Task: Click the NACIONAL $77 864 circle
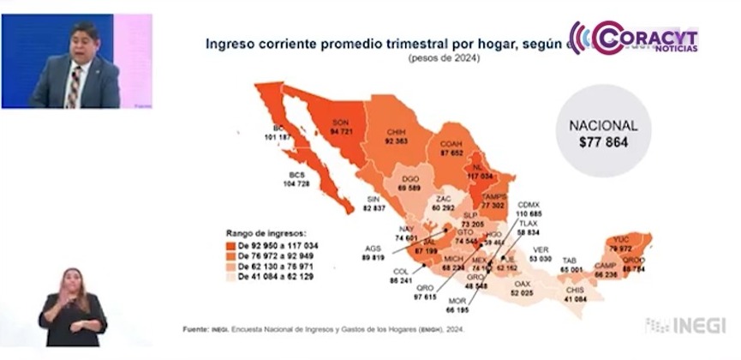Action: [604, 134]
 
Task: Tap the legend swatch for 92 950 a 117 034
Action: [232, 245]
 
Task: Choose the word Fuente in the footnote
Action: [196, 330]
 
